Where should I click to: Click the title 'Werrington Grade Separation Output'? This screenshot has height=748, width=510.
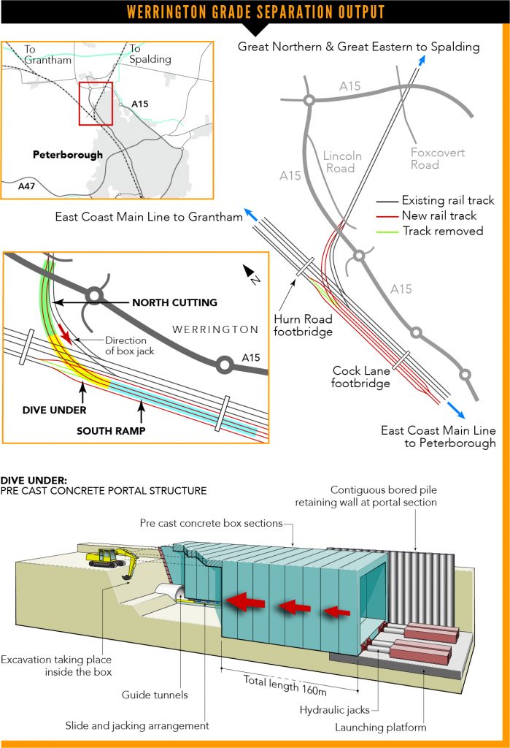(255, 12)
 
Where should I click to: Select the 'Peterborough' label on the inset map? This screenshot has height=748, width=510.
(68, 155)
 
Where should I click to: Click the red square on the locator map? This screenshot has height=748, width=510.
(96, 104)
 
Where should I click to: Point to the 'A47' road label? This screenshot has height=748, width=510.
(26, 187)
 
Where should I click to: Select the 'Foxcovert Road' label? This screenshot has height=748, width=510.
(437, 159)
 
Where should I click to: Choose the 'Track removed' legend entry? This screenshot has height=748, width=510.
(442, 231)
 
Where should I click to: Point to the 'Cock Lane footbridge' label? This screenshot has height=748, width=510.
(360, 376)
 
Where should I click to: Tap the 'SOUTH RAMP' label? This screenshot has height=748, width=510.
(111, 431)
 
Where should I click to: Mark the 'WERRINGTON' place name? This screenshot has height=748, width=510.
(215, 329)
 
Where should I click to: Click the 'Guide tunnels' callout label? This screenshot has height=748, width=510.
(155, 695)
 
